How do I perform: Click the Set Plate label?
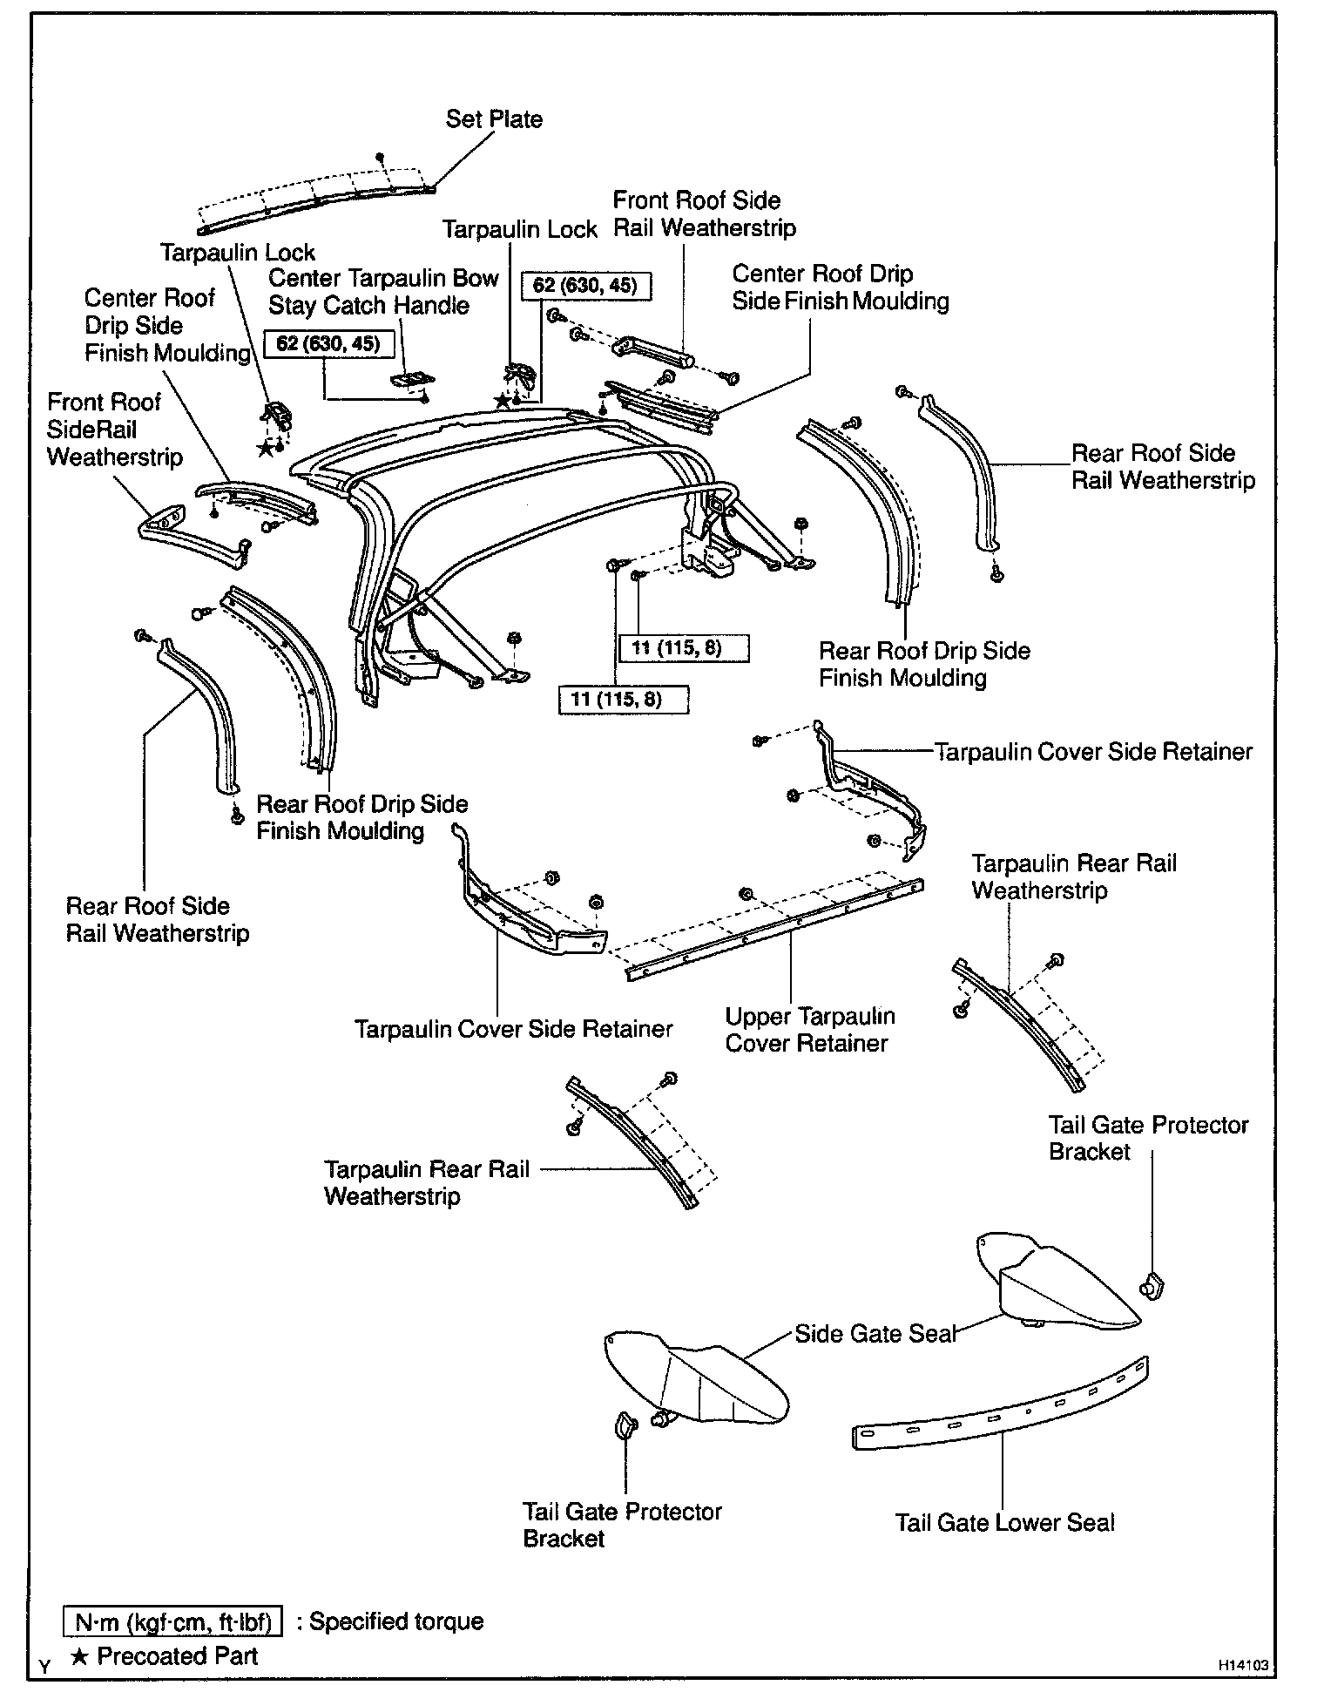(x=494, y=119)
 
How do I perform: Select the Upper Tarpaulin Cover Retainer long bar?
(x=775, y=931)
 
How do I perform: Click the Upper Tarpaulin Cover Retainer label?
(x=809, y=1030)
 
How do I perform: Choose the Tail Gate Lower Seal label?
(x=1005, y=1523)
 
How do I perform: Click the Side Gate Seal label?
(x=875, y=1334)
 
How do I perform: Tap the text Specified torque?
(x=396, y=1621)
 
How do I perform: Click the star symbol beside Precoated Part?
(x=78, y=1656)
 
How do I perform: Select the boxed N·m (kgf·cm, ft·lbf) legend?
(x=173, y=1621)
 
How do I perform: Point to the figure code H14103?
(x=1243, y=1664)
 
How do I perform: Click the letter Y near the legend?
(x=44, y=1666)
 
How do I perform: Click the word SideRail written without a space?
(x=91, y=430)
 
